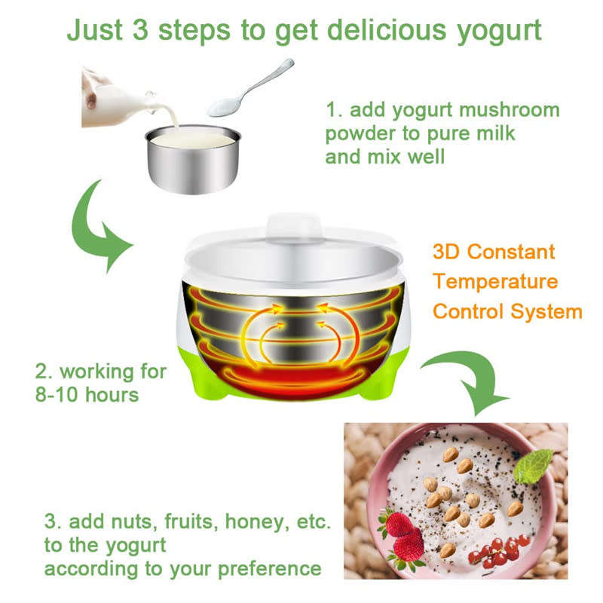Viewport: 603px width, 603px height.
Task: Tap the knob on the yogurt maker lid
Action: (292, 226)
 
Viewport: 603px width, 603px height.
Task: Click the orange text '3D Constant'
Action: (494, 252)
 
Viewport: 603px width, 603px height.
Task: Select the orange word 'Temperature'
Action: (495, 282)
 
